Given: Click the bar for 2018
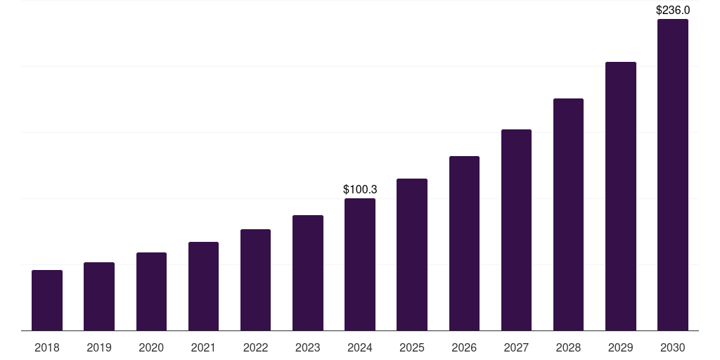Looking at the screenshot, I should click(47, 300).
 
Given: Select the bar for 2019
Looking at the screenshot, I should click(99, 296).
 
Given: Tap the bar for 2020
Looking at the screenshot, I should click(151, 291).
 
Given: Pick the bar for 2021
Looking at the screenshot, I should click(203, 286).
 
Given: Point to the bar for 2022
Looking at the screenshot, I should click(255, 280).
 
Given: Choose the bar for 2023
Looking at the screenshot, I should click(308, 273).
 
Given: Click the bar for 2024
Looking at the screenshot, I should click(360, 264).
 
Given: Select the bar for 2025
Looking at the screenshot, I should click(412, 255).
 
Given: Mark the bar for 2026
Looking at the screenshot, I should click(464, 243).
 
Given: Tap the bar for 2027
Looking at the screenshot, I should click(516, 230).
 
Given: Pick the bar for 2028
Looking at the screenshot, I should click(568, 214).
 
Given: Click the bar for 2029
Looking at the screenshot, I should click(621, 196).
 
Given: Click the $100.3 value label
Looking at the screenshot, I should click(360, 190).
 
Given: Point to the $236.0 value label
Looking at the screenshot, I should click(673, 11).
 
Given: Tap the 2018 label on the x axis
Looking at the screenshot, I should click(47, 347).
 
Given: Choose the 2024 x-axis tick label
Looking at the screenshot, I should click(360, 347).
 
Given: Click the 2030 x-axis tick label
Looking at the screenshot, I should click(673, 347).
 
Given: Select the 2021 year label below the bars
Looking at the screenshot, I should click(203, 347).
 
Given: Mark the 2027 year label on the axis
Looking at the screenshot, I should click(516, 347).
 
